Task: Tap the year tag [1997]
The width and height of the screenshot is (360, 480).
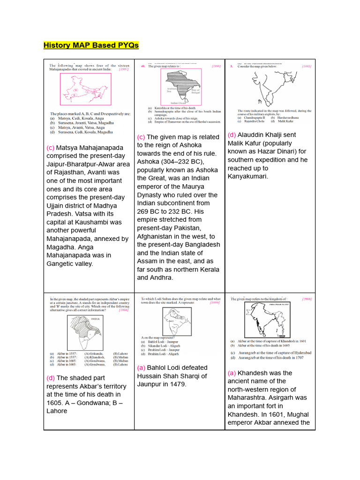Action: pos(124,69)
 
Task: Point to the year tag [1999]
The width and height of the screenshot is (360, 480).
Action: pos(214,303)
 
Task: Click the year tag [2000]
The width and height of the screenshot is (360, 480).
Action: pos(307,299)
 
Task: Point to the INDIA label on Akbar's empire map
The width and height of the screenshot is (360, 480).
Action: pos(95,319)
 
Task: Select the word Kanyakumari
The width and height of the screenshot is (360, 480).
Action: pos(248,177)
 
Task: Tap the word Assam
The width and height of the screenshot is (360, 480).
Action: pos(148,261)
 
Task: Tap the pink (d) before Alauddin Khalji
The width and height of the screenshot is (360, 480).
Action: pos(232,135)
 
